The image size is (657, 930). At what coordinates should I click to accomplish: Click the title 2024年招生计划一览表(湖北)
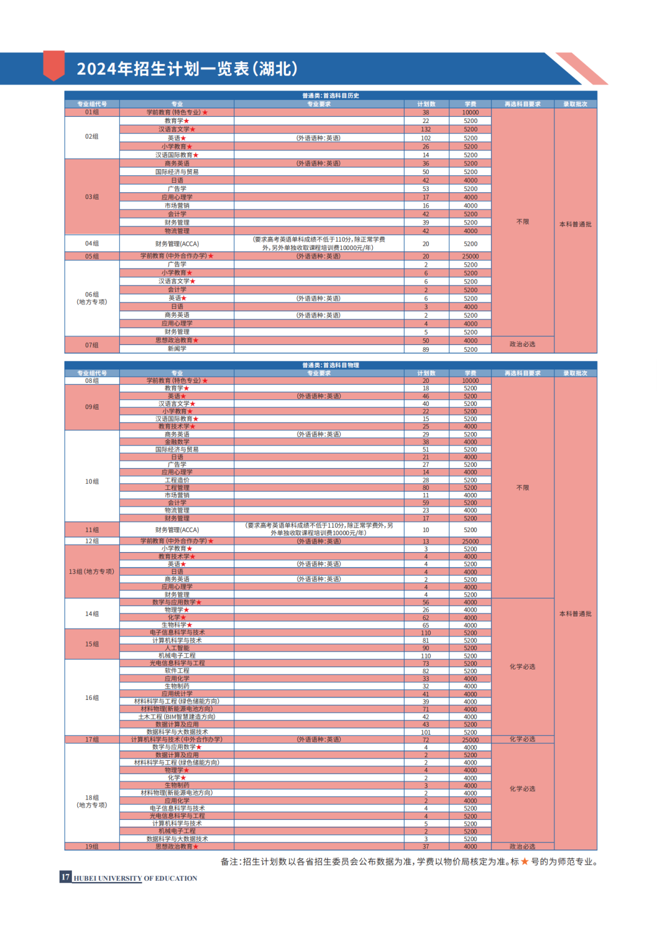pyautogui.click(x=187, y=69)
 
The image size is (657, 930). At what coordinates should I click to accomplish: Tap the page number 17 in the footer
pyautogui.click(x=65, y=877)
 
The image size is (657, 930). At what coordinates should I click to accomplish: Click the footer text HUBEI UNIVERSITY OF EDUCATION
pyautogui.click(x=135, y=878)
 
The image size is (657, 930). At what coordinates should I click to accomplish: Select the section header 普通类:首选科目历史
pyautogui.click(x=330, y=96)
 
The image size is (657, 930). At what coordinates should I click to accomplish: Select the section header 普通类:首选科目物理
pyautogui.click(x=330, y=365)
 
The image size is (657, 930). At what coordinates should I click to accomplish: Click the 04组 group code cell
pyautogui.click(x=92, y=243)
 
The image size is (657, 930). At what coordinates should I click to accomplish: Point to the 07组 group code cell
pyautogui.click(x=92, y=345)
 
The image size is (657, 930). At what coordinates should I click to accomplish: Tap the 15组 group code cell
pyautogui.click(x=92, y=644)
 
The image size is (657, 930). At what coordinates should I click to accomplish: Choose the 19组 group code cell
pyautogui.click(x=92, y=847)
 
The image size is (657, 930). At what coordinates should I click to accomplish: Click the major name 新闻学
pyautogui.click(x=177, y=349)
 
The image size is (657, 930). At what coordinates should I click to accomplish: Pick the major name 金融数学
pyautogui.click(x=177, y=442)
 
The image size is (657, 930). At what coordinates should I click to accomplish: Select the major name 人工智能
pyautogui.click(x=177, y=648)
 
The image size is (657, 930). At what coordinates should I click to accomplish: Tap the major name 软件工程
pyautogui.click(x=177, y=671)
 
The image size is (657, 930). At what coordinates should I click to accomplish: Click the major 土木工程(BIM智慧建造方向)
pyautogui.click(x=176, y=717)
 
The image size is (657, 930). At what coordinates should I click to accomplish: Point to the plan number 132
pyautogui.click(x=426, y=130)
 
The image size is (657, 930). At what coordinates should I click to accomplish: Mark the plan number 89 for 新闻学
pyautogui.click(x=426, y=349)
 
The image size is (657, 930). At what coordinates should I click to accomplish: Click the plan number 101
pyautogui.click(x=426, y=732)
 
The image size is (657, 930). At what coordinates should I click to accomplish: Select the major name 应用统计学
pyautogui.click(x=177, y=694)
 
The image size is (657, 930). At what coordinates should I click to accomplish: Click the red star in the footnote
pyautogui.click(x=524, y=862)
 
